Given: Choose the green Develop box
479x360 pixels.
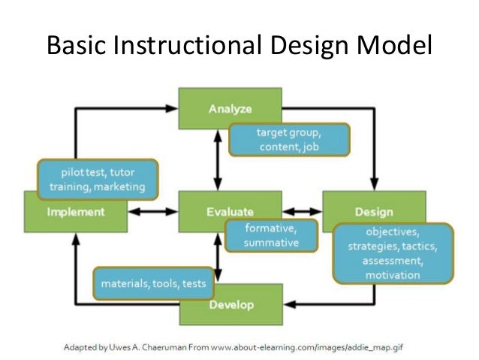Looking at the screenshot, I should pyautogui.click(x=231, y=304).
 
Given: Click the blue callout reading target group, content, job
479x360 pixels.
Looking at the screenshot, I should pyautogui.click(x=289, y=140).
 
